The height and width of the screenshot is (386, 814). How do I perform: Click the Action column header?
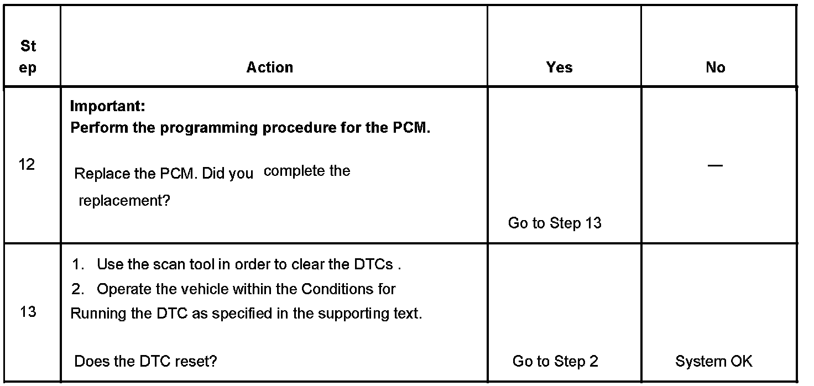[x=270, y=67]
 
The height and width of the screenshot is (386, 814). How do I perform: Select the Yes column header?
[x=559, y=67]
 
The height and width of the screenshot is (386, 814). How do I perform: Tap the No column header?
[x=715, y=67]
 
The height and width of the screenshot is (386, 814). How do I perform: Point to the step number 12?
[x=26, y=165]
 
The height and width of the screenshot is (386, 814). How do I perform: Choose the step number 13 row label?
[x=28, y=312]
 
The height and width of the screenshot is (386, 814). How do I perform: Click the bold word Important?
[x=107, y=106]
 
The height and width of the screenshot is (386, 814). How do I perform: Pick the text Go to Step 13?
[x=554, y=223]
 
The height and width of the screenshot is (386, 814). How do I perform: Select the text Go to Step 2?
[x=555, y=362]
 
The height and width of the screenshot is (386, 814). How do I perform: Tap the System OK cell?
[x=713, y=362]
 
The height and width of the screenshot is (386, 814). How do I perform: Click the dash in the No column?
[x=715, y=166]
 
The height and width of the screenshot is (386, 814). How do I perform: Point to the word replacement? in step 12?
[x=124, y=201]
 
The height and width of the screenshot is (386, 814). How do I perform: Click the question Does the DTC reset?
[x=145, y=362]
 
